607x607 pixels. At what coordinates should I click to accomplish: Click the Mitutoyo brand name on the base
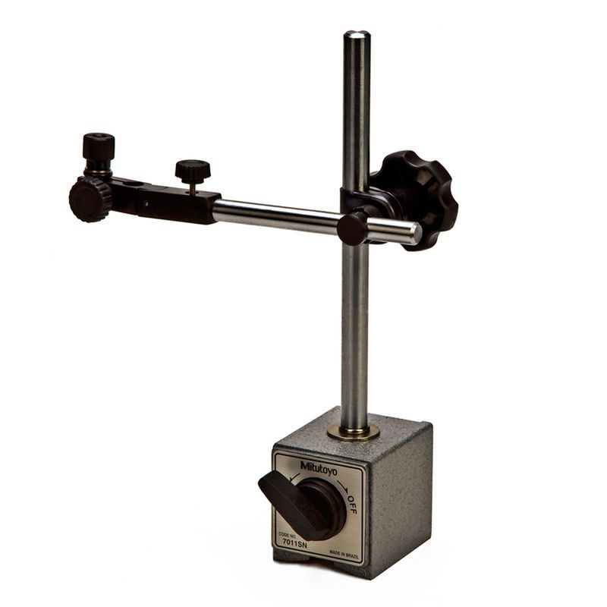coord(319,467)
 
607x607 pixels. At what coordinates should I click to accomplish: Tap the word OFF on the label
coord(352,504)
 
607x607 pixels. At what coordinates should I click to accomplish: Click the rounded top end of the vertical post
coord(357,35)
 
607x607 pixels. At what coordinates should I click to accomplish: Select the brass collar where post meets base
coord(353,431)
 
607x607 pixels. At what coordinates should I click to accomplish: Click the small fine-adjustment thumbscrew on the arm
coord(193,168)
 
